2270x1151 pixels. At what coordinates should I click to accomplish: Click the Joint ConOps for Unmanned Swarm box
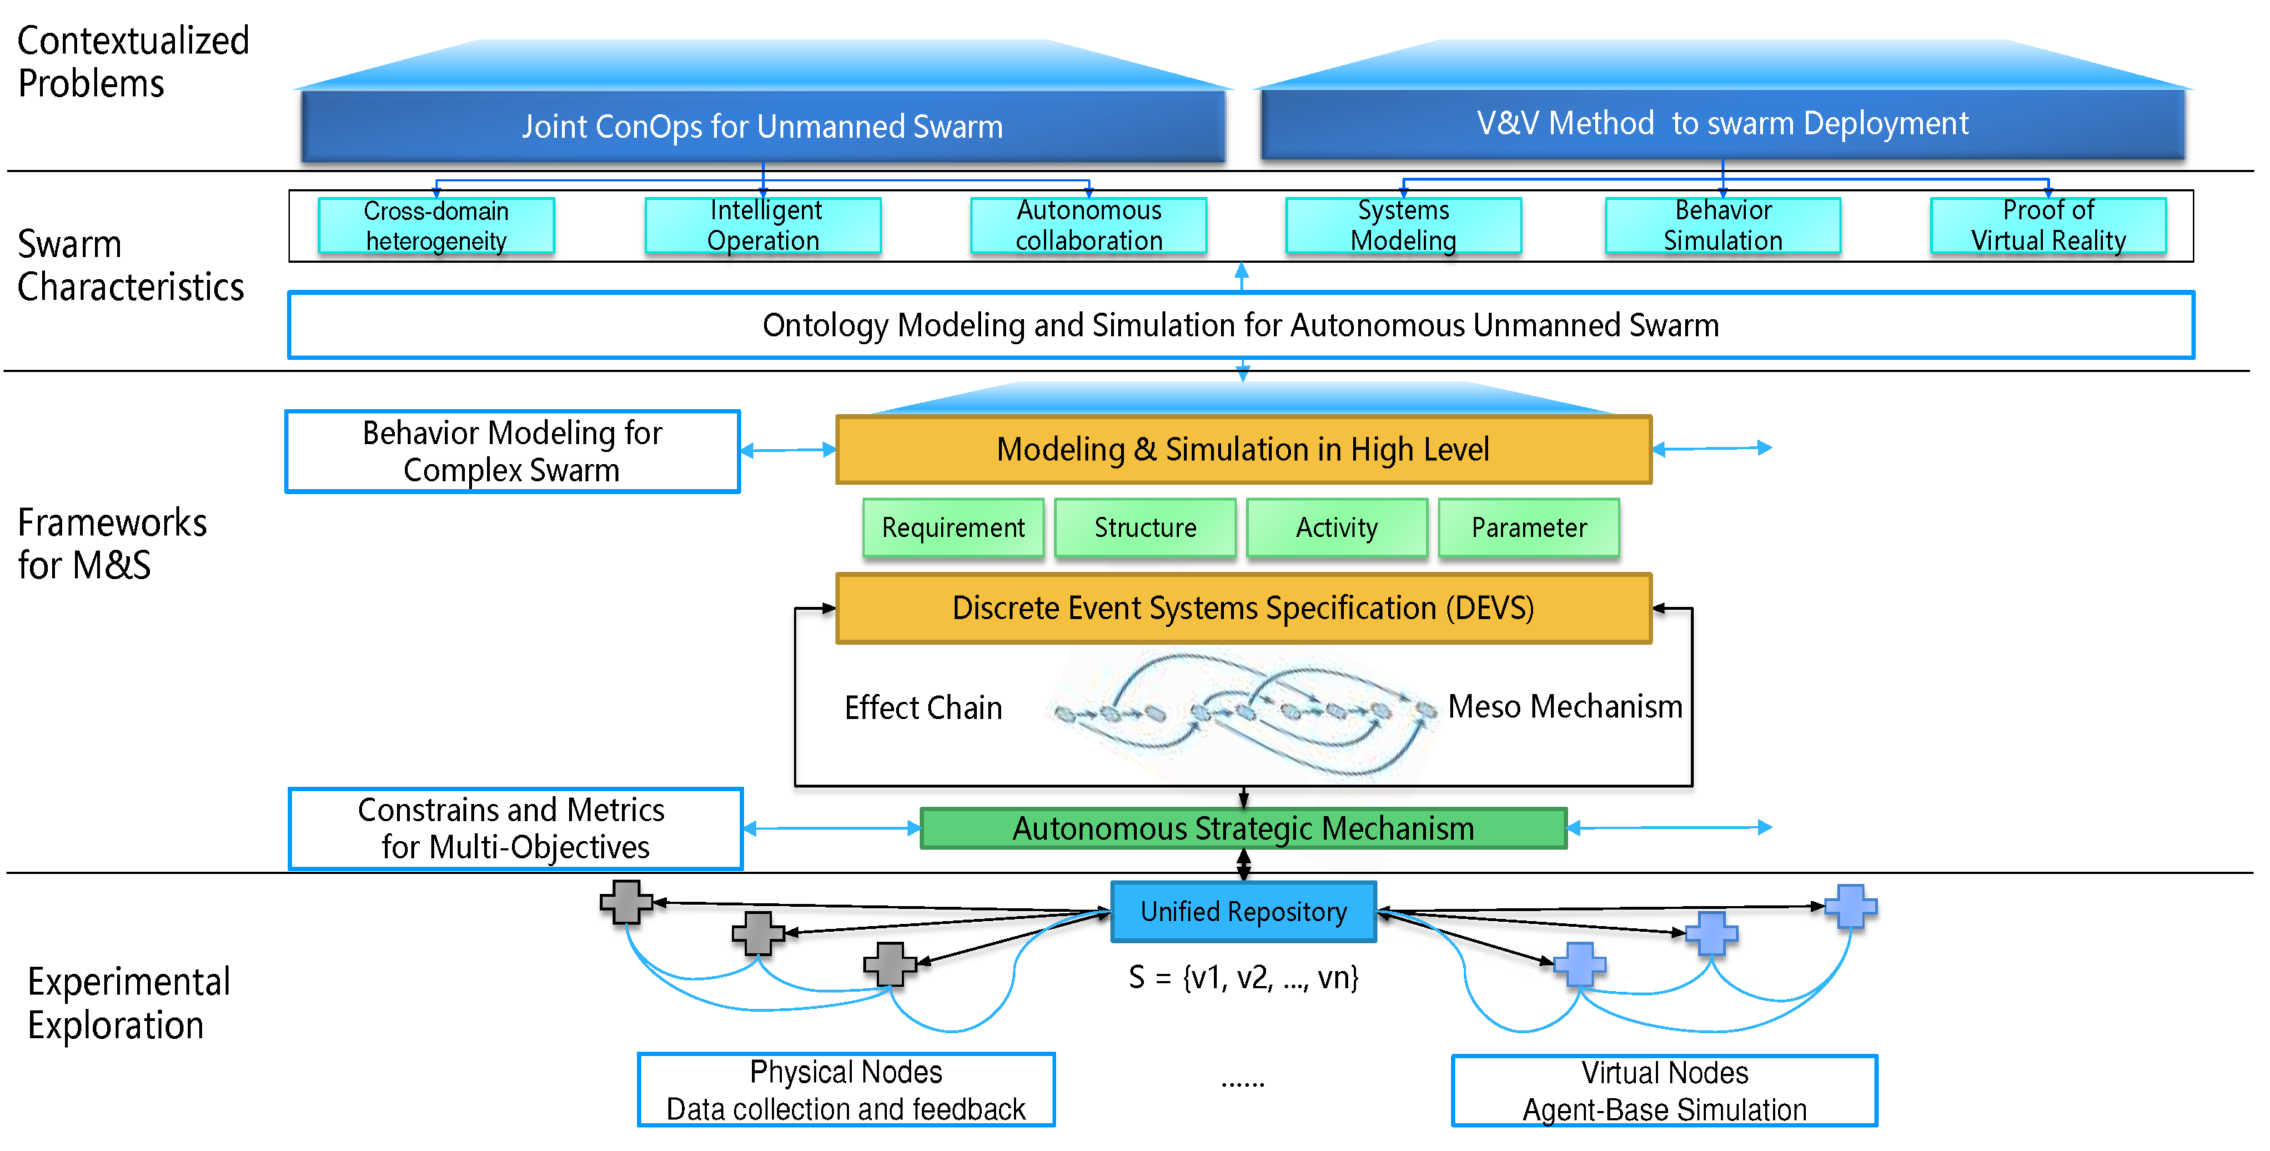click(x=763, y=126)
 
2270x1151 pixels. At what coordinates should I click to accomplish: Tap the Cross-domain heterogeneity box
click(x=436, y=226)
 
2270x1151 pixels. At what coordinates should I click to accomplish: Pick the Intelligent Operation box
click(x=763, y=226)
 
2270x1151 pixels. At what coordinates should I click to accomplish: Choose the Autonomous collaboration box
click(x=1088, y=226)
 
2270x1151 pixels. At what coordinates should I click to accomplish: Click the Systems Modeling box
click(x=1403, y=226)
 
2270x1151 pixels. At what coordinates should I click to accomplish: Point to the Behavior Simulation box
click(x=1723, y=226)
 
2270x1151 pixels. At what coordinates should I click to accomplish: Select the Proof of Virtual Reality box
click(x=2048, y=226)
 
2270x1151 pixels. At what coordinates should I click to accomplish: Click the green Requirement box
click(x=953, y=528)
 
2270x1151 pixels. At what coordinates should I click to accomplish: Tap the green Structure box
click(x=1145, y=528)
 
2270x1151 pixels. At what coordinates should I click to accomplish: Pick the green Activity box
click(x=1337, y=528)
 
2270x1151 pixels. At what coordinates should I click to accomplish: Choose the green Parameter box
click(x=1529, y=528)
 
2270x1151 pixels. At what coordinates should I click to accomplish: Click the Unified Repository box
click(x=1243, y=911)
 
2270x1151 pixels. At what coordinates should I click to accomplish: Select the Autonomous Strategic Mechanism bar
click(x=1243, y=828)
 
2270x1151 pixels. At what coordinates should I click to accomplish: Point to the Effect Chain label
click(x=923, y=708)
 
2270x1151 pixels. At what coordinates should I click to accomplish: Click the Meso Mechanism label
click(x=1565, y=707)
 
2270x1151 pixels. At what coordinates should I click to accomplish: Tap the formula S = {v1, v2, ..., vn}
click(x=1243, y=977)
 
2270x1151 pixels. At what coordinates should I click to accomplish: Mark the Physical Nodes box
click(x=846, y=1090)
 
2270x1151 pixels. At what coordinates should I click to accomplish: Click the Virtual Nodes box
click(x=1664, y=1090)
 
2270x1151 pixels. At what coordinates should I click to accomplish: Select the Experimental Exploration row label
click(x=129, y=1004)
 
